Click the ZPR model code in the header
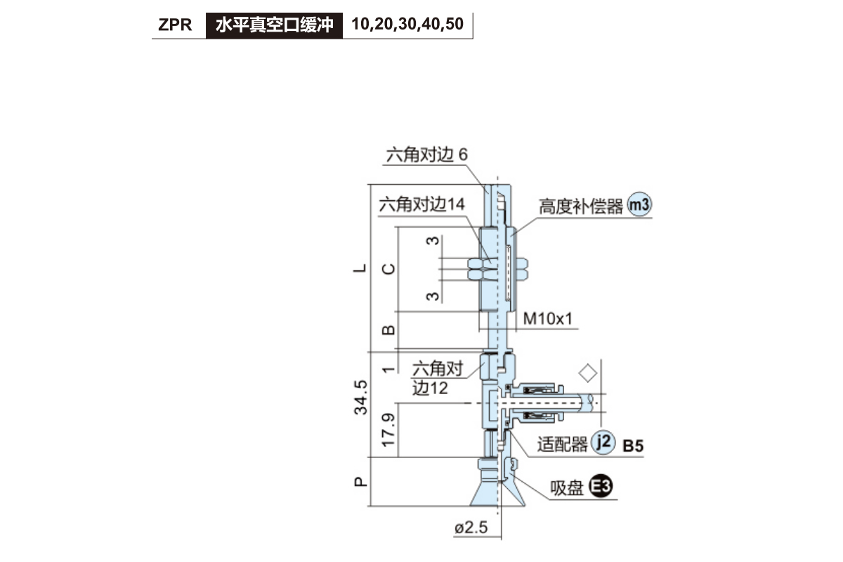(x=175, y=25)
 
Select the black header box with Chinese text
(x=274, y=25)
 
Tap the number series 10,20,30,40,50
(x=407, y=24)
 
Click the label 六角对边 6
(x=427, y=155)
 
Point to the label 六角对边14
(x=421, y=204)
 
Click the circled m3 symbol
(x=639, y=204)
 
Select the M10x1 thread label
(x=547, y=319)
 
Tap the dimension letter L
(x=360, y=268)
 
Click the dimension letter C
(x=388, y=269)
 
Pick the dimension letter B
(x=388, y=330)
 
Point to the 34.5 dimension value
(x=360, y=398)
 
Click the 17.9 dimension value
(x=388, y=430)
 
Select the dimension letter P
(x=360, y=482)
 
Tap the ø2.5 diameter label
(x=471, y=528)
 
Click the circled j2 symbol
(x=603, y=442)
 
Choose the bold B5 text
(x=633, y=446)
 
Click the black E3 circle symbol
(x=601, y=485)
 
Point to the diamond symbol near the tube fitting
(x=588, y=374)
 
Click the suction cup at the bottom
(x=497, y=482)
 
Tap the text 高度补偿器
(x=581, y=207)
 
